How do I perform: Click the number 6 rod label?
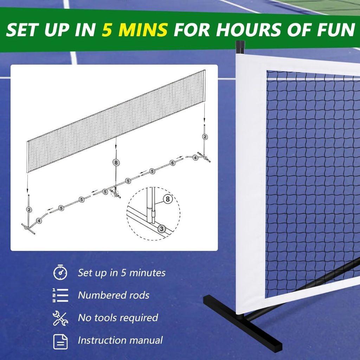pyautogui.click(x=172, y=163)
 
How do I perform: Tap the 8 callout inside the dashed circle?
pyautogui.click(x=168, y=199)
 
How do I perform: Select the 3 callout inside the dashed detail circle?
pyautogui.click(x=161, y=229)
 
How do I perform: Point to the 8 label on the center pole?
pyautogui.click(x=116, y=162)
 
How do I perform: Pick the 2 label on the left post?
pyautogui.click(x=29, y=210)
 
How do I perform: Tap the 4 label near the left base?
pyautogui.click(x=39, y=221)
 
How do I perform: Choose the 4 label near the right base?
pyautogui.click(x=195, y=158)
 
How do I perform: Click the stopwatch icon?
pyautogui.click(x=60, y=272)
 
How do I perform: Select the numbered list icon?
pyautogui.click(x=60, y=295)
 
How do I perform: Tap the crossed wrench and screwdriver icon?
pyautogui.click(x=60, y=318)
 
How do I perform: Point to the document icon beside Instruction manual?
pyautogui.click(x=60, y=341)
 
